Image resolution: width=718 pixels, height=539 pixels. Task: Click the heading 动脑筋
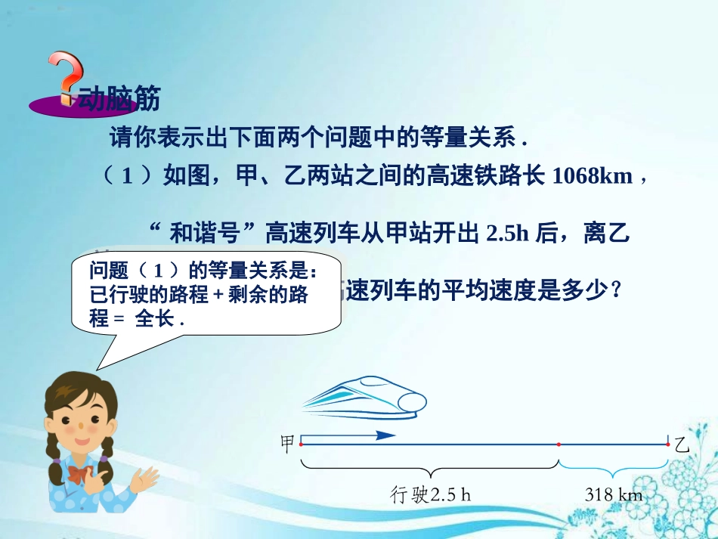120,98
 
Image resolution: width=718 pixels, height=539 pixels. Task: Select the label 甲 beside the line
287,443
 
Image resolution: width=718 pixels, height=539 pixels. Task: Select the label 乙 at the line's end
682,443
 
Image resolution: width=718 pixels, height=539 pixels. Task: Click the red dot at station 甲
301,445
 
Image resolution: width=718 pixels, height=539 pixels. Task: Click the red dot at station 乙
668,445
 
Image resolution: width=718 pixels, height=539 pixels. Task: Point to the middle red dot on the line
559,445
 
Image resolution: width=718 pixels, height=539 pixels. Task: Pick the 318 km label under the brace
613,495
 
